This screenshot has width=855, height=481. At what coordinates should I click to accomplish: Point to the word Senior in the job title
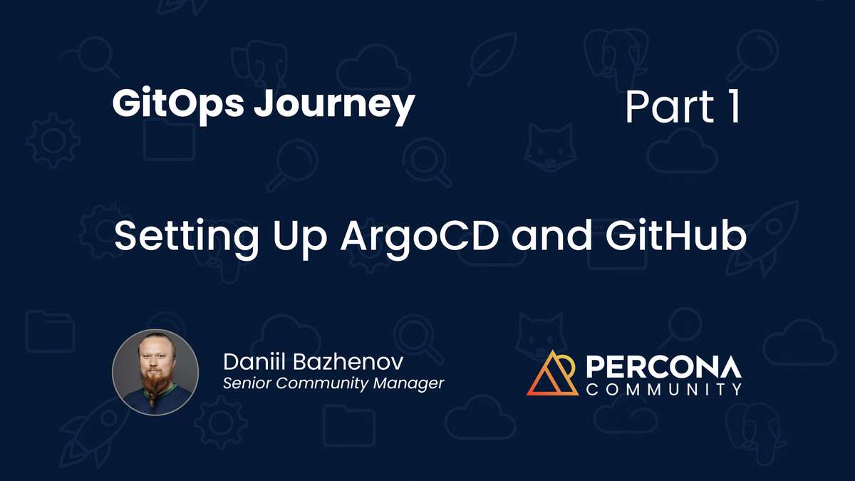coord(247,383)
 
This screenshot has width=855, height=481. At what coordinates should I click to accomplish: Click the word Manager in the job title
coord(413,383)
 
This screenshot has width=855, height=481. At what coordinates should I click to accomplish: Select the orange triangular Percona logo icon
coord(552,373)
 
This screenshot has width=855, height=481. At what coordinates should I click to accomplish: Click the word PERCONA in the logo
coord(663,366)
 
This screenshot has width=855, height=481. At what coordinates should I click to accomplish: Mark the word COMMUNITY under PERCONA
coord(663,389)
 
